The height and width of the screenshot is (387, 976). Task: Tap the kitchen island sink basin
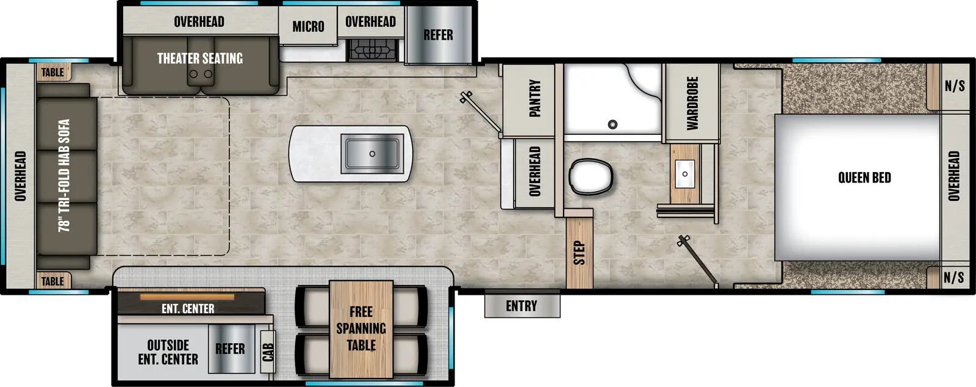(x=372, y=153)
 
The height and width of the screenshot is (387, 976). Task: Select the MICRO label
(x=308, y=26)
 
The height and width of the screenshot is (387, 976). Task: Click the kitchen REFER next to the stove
(x=438, y=35)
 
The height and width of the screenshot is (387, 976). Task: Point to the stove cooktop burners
(x=372, y=49)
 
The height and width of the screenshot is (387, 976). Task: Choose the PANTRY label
(x=534, y=98)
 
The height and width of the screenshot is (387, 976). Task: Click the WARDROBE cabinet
(x=692, y=103)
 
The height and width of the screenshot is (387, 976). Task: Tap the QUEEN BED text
(x=864, y=178)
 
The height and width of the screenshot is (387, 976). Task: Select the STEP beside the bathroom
(x=579, y=252)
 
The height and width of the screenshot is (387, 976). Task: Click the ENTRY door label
(x=522, y=306)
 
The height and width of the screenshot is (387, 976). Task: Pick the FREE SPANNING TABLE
(x=361, y=328)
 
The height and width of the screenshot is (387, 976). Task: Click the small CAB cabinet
(x=268, y=352)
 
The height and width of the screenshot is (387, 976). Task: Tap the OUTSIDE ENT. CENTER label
(x=168, y=352)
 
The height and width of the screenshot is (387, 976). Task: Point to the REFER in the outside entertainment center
(x=230, y=349)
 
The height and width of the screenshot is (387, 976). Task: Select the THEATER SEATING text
(x=200, y=59)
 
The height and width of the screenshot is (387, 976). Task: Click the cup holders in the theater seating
(x=201, y=74)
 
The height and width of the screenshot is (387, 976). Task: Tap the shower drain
(x=612, y=125)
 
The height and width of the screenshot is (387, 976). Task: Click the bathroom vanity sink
(x=685, y=173)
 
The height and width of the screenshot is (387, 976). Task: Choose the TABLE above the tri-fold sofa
(x=52, y=72)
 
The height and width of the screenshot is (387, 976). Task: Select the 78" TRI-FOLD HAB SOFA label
(x=64, y=176)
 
